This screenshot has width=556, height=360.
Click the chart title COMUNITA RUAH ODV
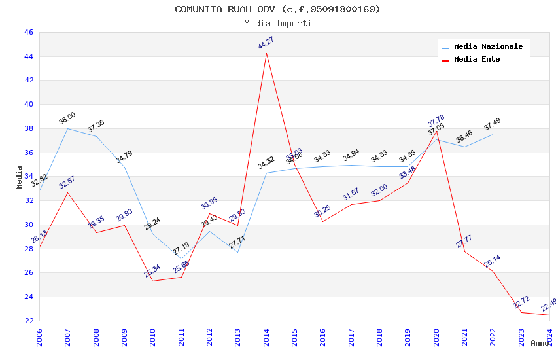[x=277, y=9]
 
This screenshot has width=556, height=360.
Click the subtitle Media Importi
[x=277, y=24]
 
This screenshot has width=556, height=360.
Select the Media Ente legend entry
[x=477, y=60]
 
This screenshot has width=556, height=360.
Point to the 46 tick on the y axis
[x=28, y=32]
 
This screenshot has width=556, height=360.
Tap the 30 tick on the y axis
[x=28, y=225]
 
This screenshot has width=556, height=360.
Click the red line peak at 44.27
[x=266, y=53]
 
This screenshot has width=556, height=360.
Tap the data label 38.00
[x=67, y=118]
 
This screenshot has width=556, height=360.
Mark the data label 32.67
[x=67, y=183]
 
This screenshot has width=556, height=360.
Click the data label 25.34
[x=152, y=271]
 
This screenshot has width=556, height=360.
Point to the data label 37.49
[x=493, y=124]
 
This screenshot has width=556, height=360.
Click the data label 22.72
[x=521, y=302]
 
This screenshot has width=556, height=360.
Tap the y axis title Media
[x=20, y=177]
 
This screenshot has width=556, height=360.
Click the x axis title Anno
[x=540, y=343]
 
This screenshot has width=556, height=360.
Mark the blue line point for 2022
[x=493, y=134]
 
